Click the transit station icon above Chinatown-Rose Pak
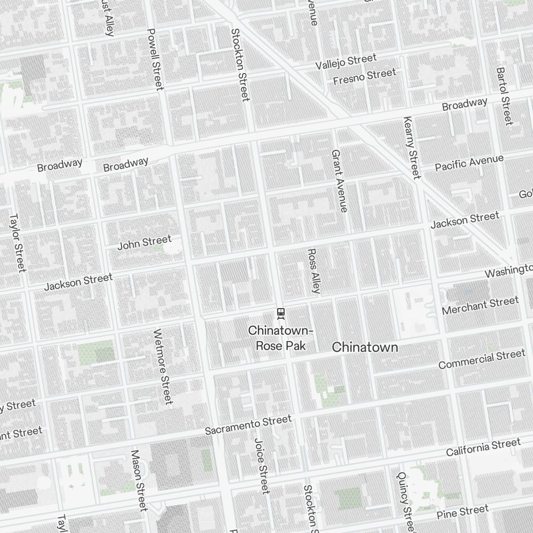[281, 312]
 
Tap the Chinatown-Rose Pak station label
[281, 338]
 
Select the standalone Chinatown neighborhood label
[365, 348]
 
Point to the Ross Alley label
[314, 271]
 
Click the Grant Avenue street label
[340, 181]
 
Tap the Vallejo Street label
[345, 61]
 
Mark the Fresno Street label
[365, 77]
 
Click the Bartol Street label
[504, 96]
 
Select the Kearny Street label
[411, 148]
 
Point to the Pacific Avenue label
[469, 163]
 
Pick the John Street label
[144, 243]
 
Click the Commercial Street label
[482, 359]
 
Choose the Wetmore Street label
[163, 366]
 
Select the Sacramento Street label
[248, 425]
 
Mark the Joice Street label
[261, 465]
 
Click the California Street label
[483, 447]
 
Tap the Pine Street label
[462, 512]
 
